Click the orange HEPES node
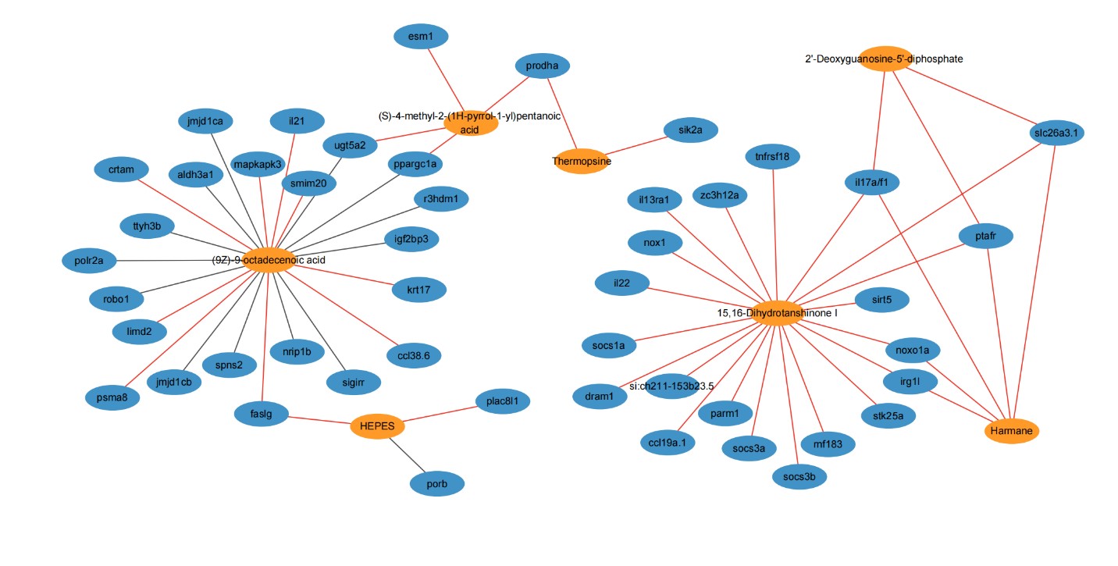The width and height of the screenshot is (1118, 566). [x=377, y=426]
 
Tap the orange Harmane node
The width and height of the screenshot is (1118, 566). [x=1012, y=430]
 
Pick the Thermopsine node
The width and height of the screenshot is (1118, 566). [x=581, y=161]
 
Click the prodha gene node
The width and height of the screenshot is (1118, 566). [x=542, y=66]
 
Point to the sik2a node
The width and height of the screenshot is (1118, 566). [x=690, y=130]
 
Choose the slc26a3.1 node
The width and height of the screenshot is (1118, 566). [x=1056, y=133]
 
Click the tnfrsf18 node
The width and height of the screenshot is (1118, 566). [x=772, y=157]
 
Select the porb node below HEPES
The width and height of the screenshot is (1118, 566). [x=437, y=484]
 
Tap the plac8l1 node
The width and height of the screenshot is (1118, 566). [x=503, y=401]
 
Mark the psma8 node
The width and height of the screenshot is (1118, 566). [x=112, y=397]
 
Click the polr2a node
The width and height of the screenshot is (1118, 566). [x=89, y=259]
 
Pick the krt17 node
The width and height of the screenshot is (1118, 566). [x=419, y=290]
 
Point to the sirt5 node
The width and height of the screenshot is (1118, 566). [x=881, y=298]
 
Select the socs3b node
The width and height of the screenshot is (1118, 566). [x=799, y=475]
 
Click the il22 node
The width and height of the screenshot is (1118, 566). [x=621, y=283]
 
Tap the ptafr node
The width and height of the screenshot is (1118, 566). [x=985, y=235]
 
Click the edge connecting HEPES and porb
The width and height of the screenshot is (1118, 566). [x=408, y=455]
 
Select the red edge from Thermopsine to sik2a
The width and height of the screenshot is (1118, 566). [x=636, y=146]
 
